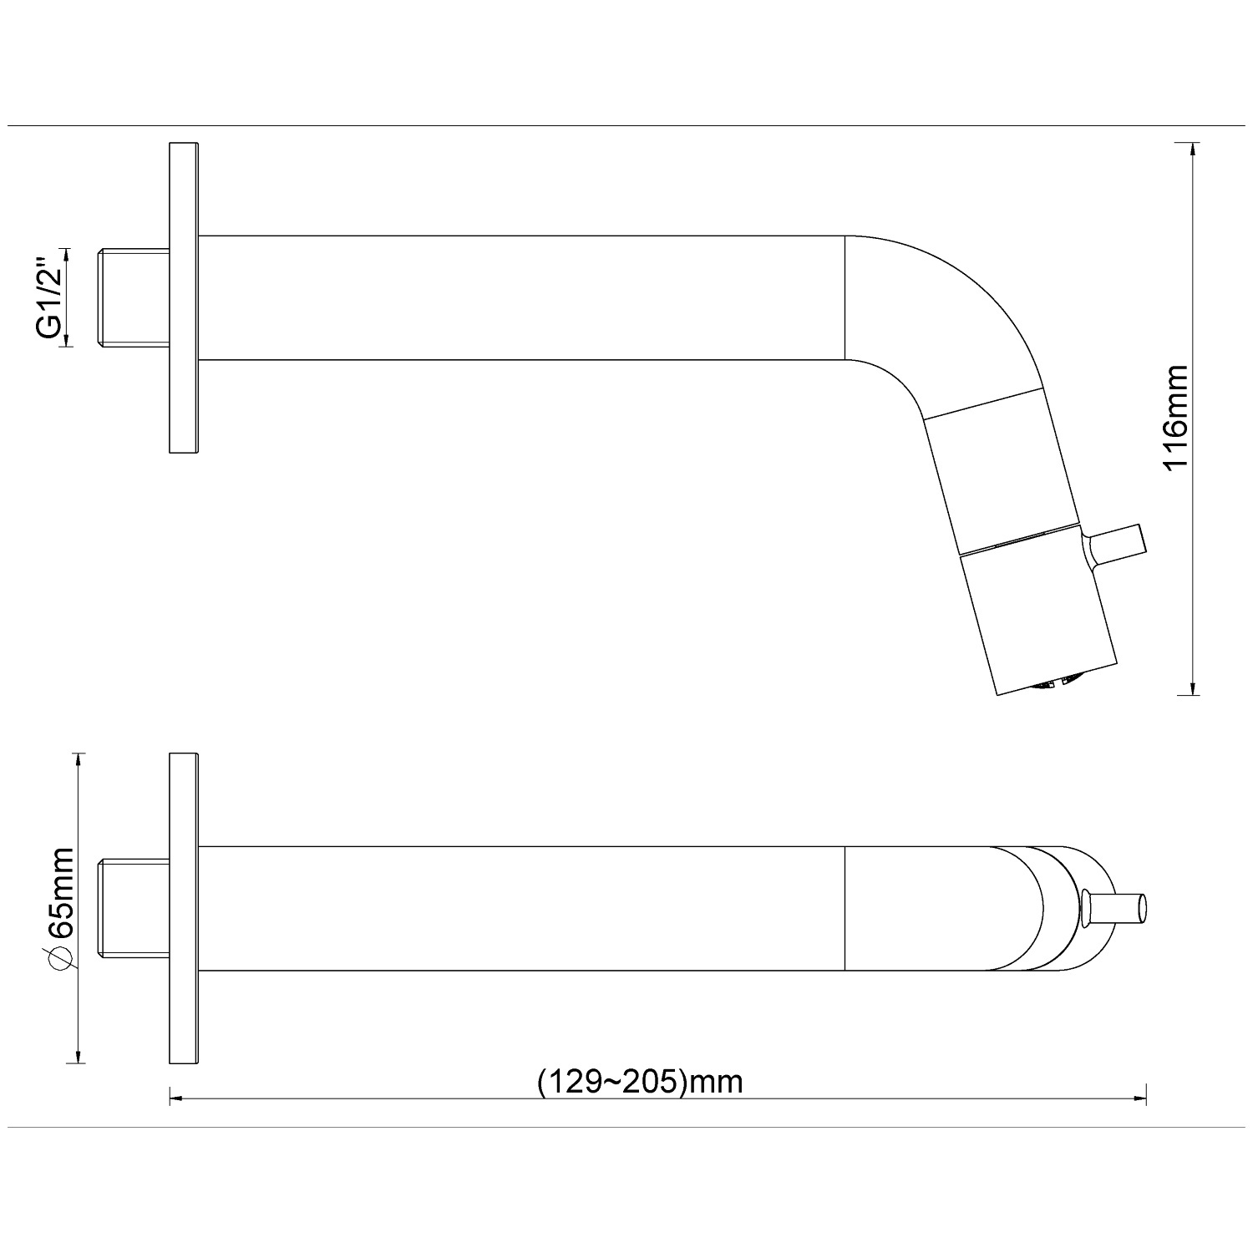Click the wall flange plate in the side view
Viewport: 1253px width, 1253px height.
[x=184, y=298]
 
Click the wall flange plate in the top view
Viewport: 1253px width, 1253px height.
[x=184, y=909]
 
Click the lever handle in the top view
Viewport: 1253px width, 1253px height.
[x=1114, y=908]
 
